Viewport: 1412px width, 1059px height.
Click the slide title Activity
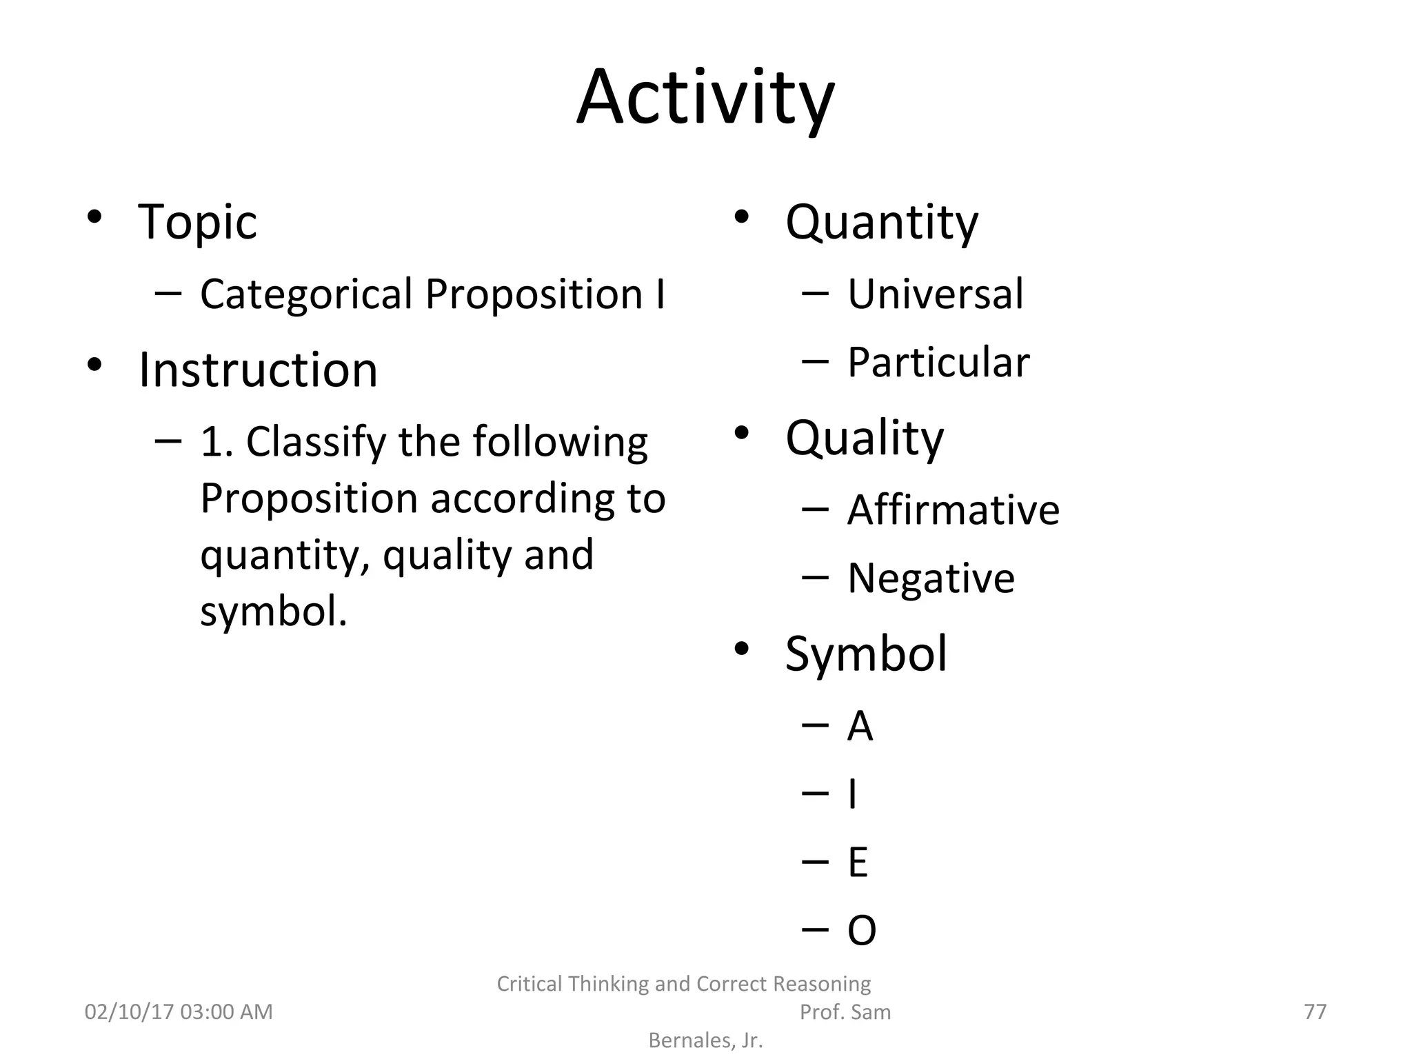tap(705, 99)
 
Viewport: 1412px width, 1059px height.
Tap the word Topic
tap(197, 223)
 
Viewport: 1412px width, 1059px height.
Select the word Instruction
tap(258, 370)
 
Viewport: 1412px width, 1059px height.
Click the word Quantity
tap(881, 223)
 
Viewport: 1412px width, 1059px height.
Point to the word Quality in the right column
tap(864, 438)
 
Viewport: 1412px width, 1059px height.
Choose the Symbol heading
tap(866, 654)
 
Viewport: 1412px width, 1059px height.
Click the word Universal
tap(935, 294)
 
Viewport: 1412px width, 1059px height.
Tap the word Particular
tap(938, 363)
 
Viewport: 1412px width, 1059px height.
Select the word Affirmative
tap(953, 510)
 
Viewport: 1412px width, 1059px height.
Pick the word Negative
tap(931, 578)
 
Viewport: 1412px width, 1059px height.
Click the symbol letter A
tap(860, 726)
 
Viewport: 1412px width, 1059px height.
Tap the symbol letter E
tap(858, 863)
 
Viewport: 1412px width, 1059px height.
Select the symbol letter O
tap(861, 931)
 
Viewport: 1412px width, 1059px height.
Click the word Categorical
tap(306, 294)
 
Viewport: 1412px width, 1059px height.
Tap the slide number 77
tap(1315, 1011)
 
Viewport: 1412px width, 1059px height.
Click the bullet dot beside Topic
tap(94, 217)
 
